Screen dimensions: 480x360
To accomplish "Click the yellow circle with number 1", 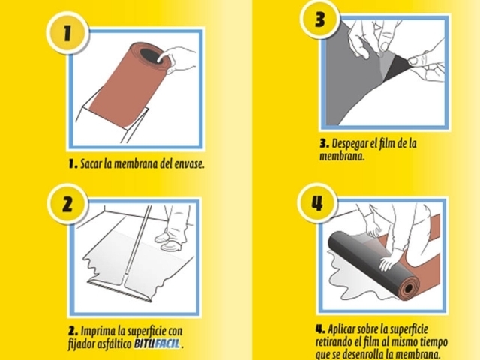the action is click(67, 33).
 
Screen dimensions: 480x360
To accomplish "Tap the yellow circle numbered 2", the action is click(67, 204).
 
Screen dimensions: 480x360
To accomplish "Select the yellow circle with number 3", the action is click(320, 19).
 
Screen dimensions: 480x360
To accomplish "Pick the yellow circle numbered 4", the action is click(317, 203).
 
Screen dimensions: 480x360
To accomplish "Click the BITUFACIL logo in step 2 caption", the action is click(157, 343).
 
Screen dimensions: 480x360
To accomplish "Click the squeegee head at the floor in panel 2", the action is click(119, 288).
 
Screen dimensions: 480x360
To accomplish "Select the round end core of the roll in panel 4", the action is click(408, 288).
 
